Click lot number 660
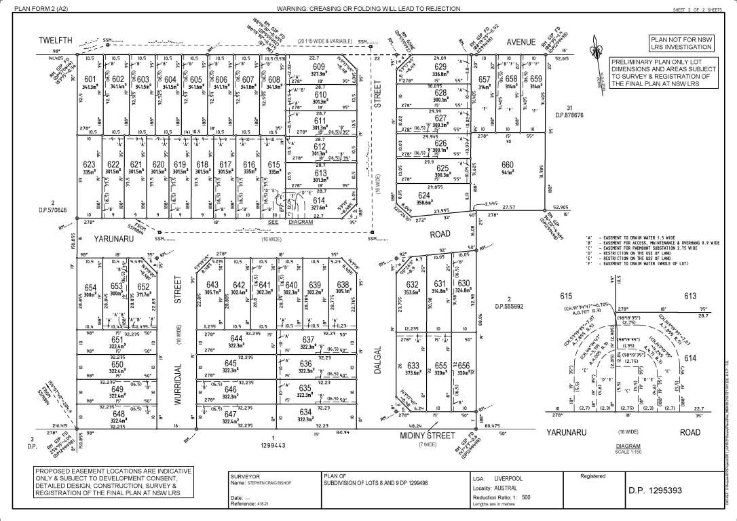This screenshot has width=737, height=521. point(507,164)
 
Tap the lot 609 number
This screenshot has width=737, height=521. point(319,66)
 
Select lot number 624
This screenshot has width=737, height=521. point(423,195)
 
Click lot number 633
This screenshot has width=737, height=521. point(413,364)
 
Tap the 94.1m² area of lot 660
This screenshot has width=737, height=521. point(507,172)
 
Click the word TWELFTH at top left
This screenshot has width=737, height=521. point(56,41)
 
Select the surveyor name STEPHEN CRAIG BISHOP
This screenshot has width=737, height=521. point(269,484)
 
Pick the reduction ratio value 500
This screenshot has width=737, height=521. point(526,498)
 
